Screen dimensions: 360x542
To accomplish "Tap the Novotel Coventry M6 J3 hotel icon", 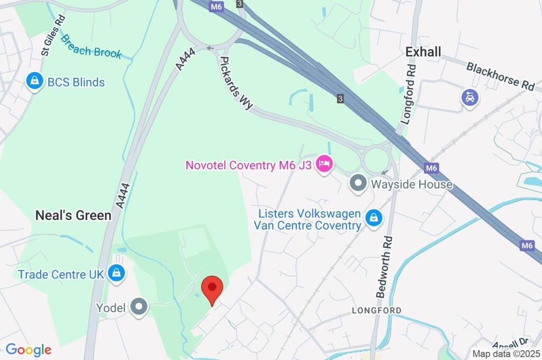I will [x=323, y=164].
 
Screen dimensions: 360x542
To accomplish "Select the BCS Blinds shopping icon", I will [x=34, y=82].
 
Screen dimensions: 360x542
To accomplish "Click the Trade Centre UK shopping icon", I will [x=115, y=274].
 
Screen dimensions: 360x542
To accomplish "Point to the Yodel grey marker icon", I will [x=139, y=307].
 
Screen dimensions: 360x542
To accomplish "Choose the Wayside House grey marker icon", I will [x=358, y=184].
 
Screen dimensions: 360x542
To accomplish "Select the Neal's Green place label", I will [x=73, y=215].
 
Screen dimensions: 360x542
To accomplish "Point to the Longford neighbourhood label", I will [x=377, y=310].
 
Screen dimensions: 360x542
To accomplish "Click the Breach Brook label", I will [x=91, y=47].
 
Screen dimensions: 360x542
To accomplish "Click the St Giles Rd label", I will [x=53, y=35].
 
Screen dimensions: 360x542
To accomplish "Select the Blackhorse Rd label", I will [x=500, y=76].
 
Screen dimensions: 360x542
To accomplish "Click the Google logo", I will [x=29, y=349].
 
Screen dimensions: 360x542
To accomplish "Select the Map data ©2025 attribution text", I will [x=505, y=354].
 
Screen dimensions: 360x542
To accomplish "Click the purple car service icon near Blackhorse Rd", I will [x=469, y=97].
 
